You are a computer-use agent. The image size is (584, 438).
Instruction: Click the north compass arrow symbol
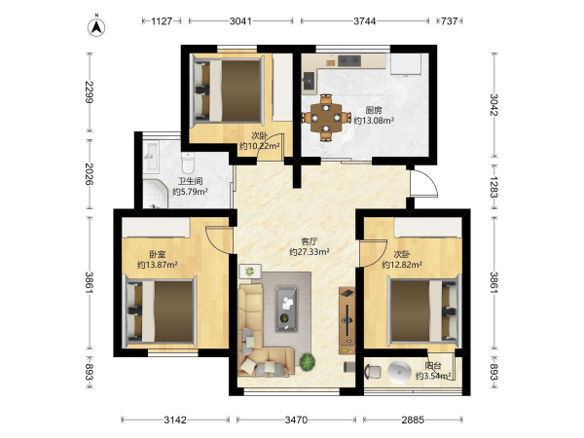pos(96,27)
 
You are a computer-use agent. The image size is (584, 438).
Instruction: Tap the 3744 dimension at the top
pos(365,21)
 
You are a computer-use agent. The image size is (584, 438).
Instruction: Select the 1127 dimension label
pos(162,21)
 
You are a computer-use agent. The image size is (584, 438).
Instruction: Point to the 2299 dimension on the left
pos(89,92)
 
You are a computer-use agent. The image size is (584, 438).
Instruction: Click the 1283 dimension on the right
pos(493,187)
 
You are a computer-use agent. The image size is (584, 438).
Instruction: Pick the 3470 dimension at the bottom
pos(296,420)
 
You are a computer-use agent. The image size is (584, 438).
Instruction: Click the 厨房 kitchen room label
pos(374,110)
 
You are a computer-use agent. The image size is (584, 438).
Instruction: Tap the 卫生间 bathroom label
pos(190,181)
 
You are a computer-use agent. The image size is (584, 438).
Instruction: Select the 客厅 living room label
pos(310,241)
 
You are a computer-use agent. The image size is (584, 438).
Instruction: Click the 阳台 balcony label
pos(433,366)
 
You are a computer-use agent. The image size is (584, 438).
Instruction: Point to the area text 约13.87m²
pos(157,265)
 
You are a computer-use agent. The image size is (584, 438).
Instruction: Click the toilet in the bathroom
pos(188,163)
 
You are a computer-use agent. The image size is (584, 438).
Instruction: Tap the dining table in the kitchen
pos(326,118)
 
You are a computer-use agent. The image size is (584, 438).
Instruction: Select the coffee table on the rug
pos(286,309)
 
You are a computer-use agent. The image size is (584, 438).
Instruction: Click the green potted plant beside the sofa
pos(308,361)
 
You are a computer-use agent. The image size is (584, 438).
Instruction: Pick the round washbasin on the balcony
pos(399,372)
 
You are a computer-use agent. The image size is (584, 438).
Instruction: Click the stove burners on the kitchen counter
pos(349,60)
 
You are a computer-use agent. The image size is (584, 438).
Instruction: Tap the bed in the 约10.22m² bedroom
pos(228,91)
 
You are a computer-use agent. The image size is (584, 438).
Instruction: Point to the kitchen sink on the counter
pos(309,82)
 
